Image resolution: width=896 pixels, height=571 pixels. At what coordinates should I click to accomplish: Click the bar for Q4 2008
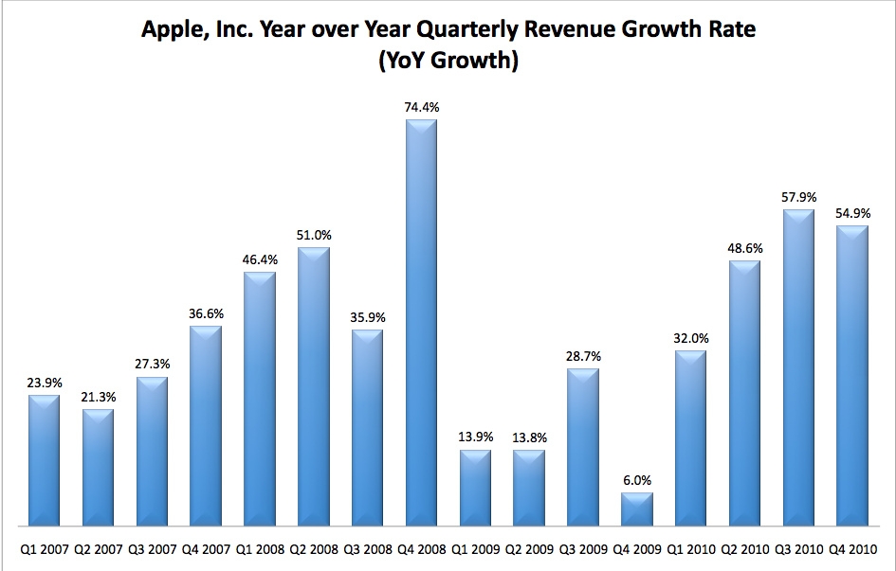pyautogui.click(x=421, y=322)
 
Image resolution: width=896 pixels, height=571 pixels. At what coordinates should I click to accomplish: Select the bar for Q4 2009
pyautogui.click(x=636, y=509)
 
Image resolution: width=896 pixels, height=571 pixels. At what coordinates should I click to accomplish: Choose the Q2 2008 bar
pyautogui.click(x=313, y=386)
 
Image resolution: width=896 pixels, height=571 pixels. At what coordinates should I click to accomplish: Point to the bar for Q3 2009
pyautogui.click(x=582, y=446)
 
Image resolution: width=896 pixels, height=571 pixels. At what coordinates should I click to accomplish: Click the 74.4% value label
pyautogui.click(x=422, y=108)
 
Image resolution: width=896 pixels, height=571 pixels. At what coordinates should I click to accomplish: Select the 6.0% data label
pyautogui.click(x=636, y=481)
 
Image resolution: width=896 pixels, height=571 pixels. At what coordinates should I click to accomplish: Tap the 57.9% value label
pyautogui.click(x=797, y=198)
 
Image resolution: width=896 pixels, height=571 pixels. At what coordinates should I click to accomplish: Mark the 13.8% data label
pyautogui.click(x=529, y=438)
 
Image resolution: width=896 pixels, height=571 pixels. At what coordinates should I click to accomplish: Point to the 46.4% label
pyautogui.click(x=260, y=260)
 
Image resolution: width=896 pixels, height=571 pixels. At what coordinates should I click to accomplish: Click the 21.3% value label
pyautogui.click(x=98, y=398)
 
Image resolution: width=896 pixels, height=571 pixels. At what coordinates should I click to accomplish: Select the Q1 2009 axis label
pyautogui.click(x=474, y=547)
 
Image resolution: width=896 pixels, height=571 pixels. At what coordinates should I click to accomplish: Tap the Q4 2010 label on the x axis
pyautogui.click(x=851, y=547)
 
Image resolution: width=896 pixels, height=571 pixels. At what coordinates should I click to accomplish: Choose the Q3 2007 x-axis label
pyautogui.click(x=152, y=547)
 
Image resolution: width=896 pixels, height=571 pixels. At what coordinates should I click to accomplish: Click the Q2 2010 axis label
pyautogui.click(x=743, y=547)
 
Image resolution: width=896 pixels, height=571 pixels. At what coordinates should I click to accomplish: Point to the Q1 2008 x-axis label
pyautogui.click(x=260, y=547)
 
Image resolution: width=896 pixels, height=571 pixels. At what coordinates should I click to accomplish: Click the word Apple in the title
pyautogui.click(x=172, y=29)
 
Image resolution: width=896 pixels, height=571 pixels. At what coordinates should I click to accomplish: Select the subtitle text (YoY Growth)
pyautogui.click(x=449, y=62)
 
